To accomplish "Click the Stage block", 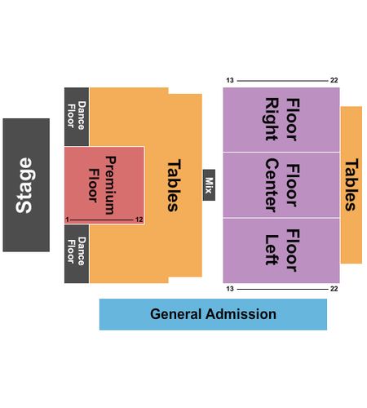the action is [26, 185].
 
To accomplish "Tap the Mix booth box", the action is [209, 185].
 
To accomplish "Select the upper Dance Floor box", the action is [77, 117].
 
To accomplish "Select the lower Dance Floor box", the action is [77, 254].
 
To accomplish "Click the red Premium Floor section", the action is [104, 185].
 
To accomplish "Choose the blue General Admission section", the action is [213, 314].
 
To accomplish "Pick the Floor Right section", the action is [281, 119].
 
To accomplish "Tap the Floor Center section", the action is [281, 185].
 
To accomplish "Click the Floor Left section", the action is [281, 251].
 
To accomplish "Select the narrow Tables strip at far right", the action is [352, 185].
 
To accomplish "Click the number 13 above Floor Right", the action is [230, 80].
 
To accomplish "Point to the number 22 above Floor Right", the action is [334, 80].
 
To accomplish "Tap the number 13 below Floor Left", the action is [230, 289].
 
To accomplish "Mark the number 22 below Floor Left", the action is [334, 289].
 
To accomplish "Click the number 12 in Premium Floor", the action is [139, 220].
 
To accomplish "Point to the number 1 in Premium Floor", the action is [67, 220].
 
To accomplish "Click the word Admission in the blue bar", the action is [241, 314].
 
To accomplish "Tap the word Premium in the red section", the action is [111, 185].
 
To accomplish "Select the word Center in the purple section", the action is [272, 185].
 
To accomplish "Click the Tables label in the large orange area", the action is [174, 185].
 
